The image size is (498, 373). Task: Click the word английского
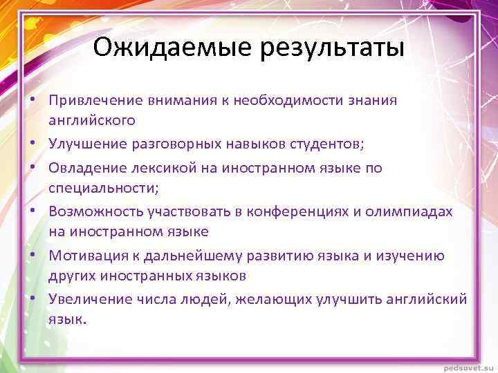pos(92,120)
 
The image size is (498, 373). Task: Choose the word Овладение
pos(87,168)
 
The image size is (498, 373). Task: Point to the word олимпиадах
pos(415,211)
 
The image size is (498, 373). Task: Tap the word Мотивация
pos(86,256)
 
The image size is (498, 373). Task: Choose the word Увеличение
pos(89,299)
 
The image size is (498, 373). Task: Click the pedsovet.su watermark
pos(464,365)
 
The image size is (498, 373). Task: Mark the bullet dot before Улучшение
pos(33,144)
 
